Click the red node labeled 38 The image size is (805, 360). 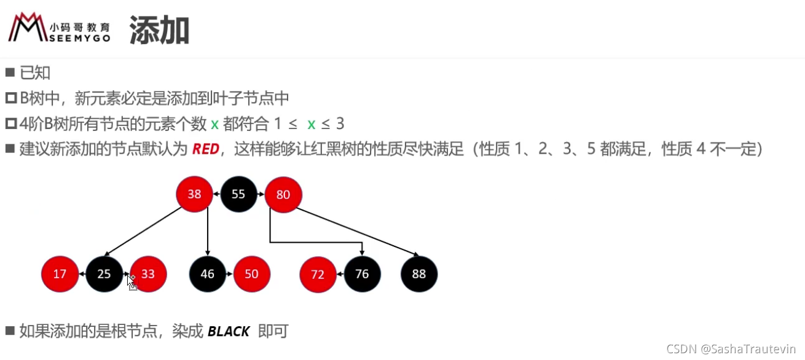click(x=194, y=194)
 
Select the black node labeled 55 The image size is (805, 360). click(x=238, y=194)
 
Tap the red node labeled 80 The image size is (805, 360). click(x=283, y=194)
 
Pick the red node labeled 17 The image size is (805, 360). click(x=60, y=274)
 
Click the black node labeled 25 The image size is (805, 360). click(x=104, y=274)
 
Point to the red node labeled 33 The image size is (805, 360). click(x=148, y=274)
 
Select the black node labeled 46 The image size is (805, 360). click(x=208, y=274)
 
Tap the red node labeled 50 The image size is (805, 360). click(x=251, y=274)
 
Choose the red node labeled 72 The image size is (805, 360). click(x=318, y=274)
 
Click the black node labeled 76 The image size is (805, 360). click(x=363, y=274)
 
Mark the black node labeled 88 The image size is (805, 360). click(x=419, y=274)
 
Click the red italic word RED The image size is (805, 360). click(x=206, y=149)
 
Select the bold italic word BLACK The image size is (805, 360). click(x=229, y=331)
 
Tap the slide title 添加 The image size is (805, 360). click(x=159, y=30)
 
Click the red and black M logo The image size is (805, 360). click(x=28, y=27)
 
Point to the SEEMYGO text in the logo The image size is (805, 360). click(x=79, y=38)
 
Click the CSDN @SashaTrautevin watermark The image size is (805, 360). click(x=731, y=349)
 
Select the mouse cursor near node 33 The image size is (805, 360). click(x=132, y=283)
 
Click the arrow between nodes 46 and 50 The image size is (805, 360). click(x=230, y=274)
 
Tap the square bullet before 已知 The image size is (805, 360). click(x=10, y=72)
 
